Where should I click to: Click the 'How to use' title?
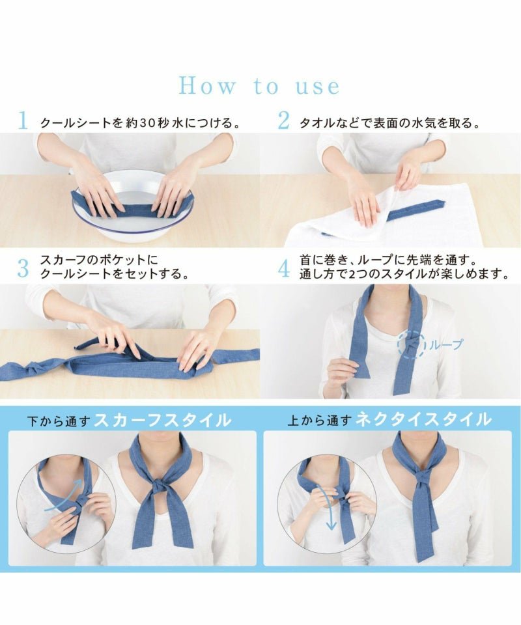tap(259, 85)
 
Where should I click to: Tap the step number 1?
tap(23, 120)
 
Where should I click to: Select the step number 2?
tap(283, 120)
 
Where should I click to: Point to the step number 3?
tap(23, 268)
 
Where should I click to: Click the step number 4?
tap(284, 268)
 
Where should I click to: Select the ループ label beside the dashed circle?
tap(445, 344)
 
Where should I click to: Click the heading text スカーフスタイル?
tap(162, 420)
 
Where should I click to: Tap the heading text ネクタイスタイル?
tap(423, 420)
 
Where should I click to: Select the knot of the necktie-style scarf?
tap(422, 477)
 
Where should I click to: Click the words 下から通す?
tap(59, 421)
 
